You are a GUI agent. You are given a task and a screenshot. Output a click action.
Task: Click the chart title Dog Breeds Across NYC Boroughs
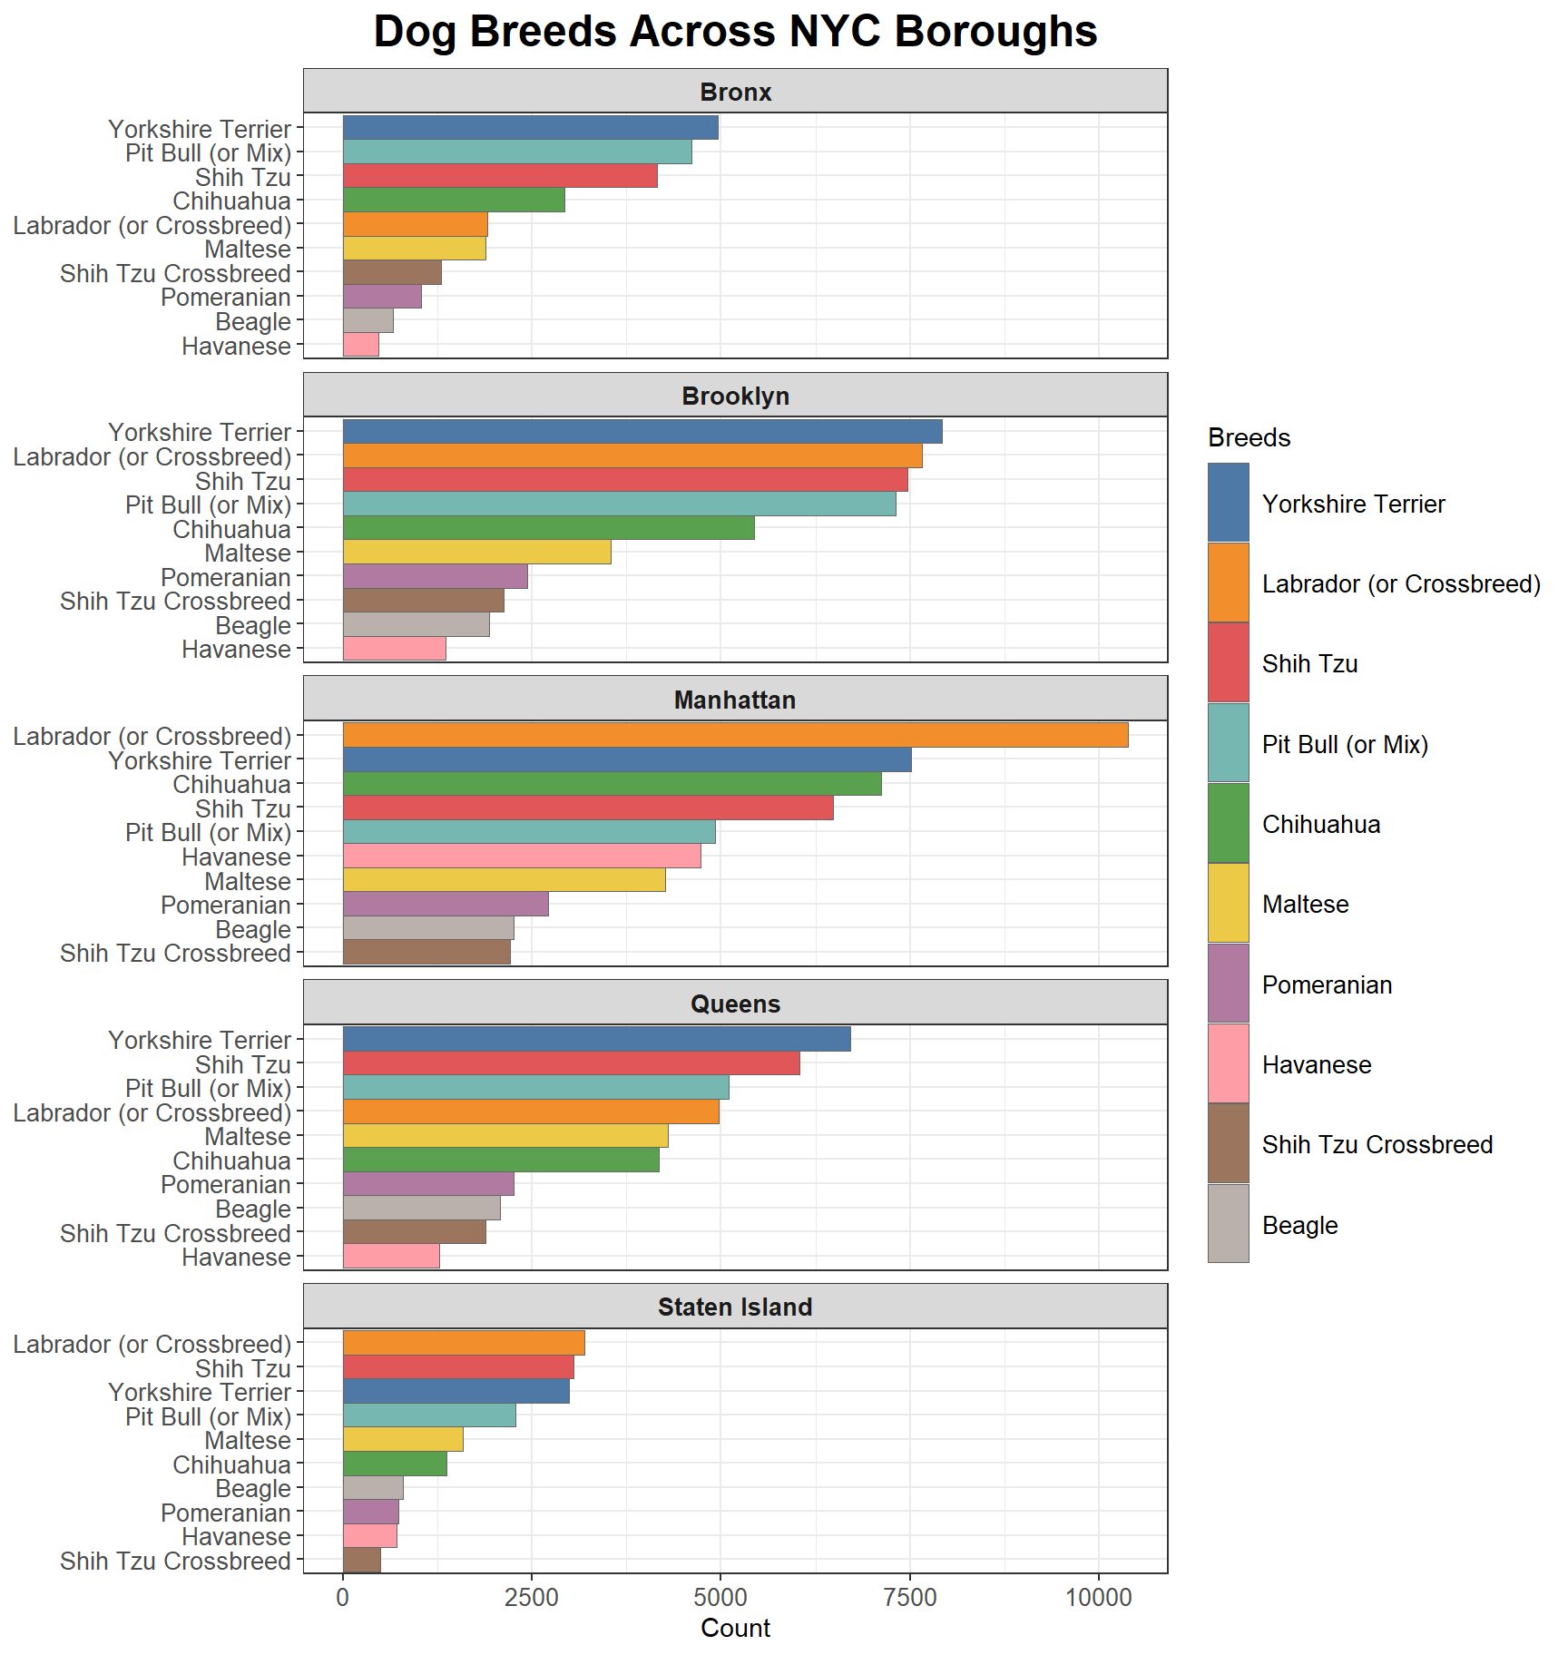[x=735, y=32]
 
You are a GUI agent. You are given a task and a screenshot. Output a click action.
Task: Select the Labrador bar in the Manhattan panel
[x=735, y=735]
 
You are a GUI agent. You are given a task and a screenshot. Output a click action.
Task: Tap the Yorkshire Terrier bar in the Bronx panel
[x=530, y=128]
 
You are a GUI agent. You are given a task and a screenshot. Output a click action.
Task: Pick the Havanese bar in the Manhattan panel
[x=522, y=856]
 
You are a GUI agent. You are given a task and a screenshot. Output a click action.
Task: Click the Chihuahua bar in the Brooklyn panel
[x=548, y=528]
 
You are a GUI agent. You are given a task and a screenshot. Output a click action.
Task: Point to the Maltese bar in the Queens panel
[x=505, y=1136]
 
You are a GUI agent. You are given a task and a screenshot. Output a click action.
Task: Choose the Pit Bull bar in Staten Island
[x=429, y=1415]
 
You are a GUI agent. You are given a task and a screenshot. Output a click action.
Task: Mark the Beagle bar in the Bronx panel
[x=367, y=320]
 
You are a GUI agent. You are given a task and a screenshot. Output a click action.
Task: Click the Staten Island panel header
[x=735, y=1307]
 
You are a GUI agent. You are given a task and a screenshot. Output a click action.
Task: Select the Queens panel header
[x=735, y=1004]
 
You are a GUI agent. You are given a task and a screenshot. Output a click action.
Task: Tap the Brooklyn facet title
[x=735, y=397]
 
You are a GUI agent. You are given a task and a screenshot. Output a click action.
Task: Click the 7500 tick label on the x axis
[x=909, y=1598]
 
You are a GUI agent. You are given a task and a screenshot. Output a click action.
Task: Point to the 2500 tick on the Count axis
[x=532, y=1598]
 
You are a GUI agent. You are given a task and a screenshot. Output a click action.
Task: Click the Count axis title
[x=735, y=1629]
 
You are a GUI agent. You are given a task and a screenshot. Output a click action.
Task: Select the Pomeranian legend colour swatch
[x=1228, y=984]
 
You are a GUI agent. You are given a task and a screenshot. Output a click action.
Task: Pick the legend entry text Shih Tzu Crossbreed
[x=1377, y=1145]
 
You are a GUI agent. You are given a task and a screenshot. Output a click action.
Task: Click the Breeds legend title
[x=1249, y=438]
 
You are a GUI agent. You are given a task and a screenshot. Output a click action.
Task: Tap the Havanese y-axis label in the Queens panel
[x=236, y=1258]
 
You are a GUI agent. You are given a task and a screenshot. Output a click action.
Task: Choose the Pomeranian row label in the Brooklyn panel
[x=225, y=578]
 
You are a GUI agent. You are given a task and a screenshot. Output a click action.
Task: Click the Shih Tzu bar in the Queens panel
[x=571, y=1063]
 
